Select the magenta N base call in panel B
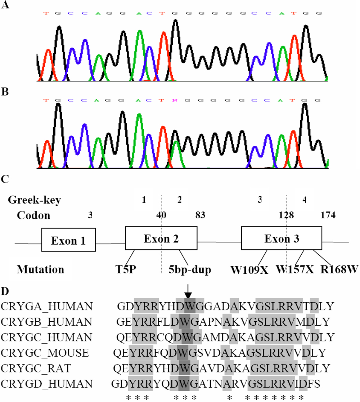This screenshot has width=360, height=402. click(x=174, y=100)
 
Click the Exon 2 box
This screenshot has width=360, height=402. click(x=161, y=238)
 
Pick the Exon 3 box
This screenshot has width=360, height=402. click(x=281, y=238)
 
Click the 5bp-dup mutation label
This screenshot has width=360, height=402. click(x=190, y=269)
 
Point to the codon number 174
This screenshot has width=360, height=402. click(x=328, y=215)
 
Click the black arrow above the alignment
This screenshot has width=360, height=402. click(x=188, y=290)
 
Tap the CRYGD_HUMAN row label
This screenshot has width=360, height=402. click(x=47, y=383)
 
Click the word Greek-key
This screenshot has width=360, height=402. click(x=35, y=200)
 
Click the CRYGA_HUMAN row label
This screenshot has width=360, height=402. click(x=47, y=306)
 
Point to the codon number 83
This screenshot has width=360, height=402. click(x=200, y=215)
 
